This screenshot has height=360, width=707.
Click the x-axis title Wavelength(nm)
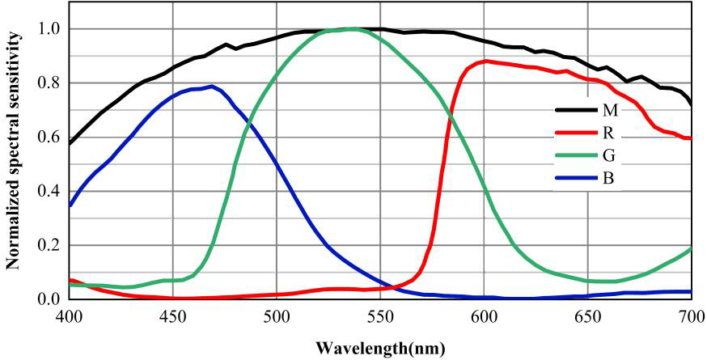[x=379, y=349]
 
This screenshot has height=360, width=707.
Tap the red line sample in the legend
[x=574, y=133]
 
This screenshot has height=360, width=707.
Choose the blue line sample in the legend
[x=574, y=177]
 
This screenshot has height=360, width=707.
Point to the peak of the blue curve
[x=211, y=86]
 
